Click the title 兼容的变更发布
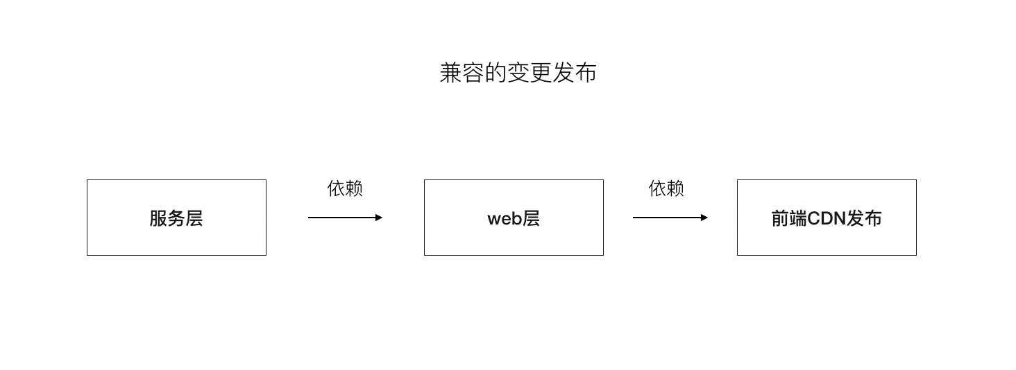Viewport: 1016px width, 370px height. tap(518, 73)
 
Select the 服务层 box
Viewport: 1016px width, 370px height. tap(176, 218)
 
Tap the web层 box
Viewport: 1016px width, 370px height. tap(514, 218)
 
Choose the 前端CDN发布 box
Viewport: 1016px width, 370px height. tap(827, 218)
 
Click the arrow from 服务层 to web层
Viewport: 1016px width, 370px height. tap(344, 218)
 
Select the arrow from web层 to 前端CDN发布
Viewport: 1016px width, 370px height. tap(669, 218)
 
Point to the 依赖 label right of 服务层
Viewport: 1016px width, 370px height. tap(345, 188)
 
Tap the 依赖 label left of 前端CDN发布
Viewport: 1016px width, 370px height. tap(666, 188)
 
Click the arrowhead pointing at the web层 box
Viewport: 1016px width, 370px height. tap(379, 218)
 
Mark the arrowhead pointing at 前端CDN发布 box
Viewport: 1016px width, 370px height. tap(704, 218)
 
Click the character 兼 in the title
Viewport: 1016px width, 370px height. tap(451, 73)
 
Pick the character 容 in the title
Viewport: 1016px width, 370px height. tap(473, 73)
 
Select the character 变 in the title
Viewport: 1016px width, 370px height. tap(518, 73)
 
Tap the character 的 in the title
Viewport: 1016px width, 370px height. tap(496, 73)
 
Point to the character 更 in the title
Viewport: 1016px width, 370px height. tap(541, 73)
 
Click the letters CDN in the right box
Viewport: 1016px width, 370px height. tap(826, 219)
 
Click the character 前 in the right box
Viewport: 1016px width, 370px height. tap(780, 219)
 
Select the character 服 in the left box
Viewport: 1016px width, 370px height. tap(158, 219)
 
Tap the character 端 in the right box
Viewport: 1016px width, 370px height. tap(798, 219)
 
